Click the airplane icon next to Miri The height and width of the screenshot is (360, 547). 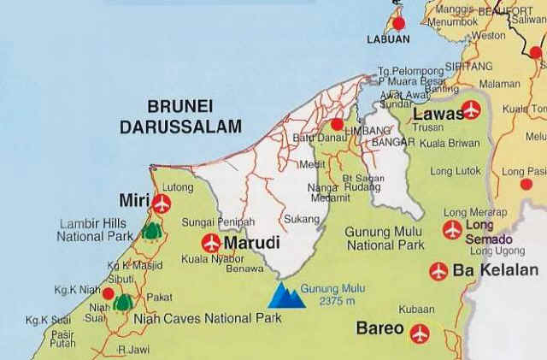pyautogui.click(x=160, y=203)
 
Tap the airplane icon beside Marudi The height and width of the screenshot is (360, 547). pyautogui.click(x=210, y=243)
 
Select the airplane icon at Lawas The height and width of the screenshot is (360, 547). pyautogui.click(x=470, y=109)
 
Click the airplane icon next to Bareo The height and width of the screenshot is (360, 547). pyautogui.click(x=419, y=333)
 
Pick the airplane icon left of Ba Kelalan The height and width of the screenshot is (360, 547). pyautogui.click(x=438, y=271)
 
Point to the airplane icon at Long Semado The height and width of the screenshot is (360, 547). pyautogui.click(x=452, y=229)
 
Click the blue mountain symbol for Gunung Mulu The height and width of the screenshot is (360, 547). pyautogui.click(x=286, y=297)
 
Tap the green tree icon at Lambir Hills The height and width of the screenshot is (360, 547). pyautogui.click(x=152, y=229)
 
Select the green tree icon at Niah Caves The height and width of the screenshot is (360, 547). pyautogui.click(x=122, y=301)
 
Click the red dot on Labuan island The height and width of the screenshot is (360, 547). pyautogui.click(x=397, y=22)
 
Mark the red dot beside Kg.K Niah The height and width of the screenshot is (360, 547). pyautogui.click(x=108, y=293)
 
